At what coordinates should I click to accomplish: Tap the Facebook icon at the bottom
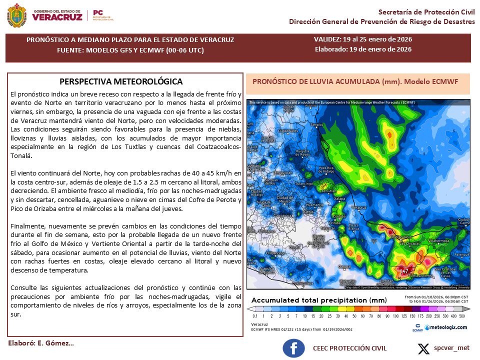(293, 348)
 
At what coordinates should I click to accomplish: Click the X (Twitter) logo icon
(423, 348)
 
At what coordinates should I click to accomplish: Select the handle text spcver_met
(451, 347)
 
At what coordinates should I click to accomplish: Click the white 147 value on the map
(404, 271)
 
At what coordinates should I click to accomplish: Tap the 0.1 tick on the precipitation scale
(255, 316)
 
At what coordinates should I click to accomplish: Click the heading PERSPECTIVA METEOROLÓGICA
(121, 81)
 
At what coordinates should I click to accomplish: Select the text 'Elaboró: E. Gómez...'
(41, 343)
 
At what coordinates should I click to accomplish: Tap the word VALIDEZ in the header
(328, 39)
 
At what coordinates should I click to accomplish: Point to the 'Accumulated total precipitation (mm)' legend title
(319, 300)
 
